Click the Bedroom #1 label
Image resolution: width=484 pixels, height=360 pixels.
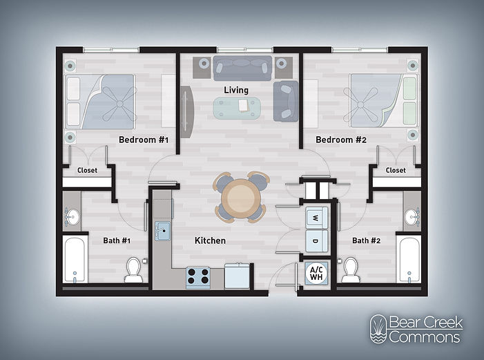pyautogui.click(x=144, y=140)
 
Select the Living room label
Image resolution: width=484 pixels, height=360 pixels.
pyautogui.click(x=235, y=91)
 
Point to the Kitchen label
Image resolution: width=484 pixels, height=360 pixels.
pyautogui.click(x=210, y=240)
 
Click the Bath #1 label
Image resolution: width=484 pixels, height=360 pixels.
pyautogui.click(x=117, y=240)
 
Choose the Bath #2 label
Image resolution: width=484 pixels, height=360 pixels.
pyautogui.click(x=366, y=240)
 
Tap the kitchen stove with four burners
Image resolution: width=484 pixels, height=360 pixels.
pyautogui.click(x=199, y=276)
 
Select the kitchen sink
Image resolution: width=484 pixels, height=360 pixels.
pyautogui.click(x=163, y=231)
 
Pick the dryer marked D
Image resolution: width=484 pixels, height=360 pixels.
pyautogui.click(x=316, y=241)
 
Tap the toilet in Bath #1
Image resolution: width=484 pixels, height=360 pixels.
pyautogui.click(x=133, y=269)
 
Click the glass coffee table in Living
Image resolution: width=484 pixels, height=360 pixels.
pyautogui.click(x=237, y=106)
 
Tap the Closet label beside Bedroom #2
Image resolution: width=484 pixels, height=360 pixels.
pyautogui.click(x=396, y=170)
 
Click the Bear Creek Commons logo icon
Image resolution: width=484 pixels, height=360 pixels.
pyautogui.click(x=377, y=329)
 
